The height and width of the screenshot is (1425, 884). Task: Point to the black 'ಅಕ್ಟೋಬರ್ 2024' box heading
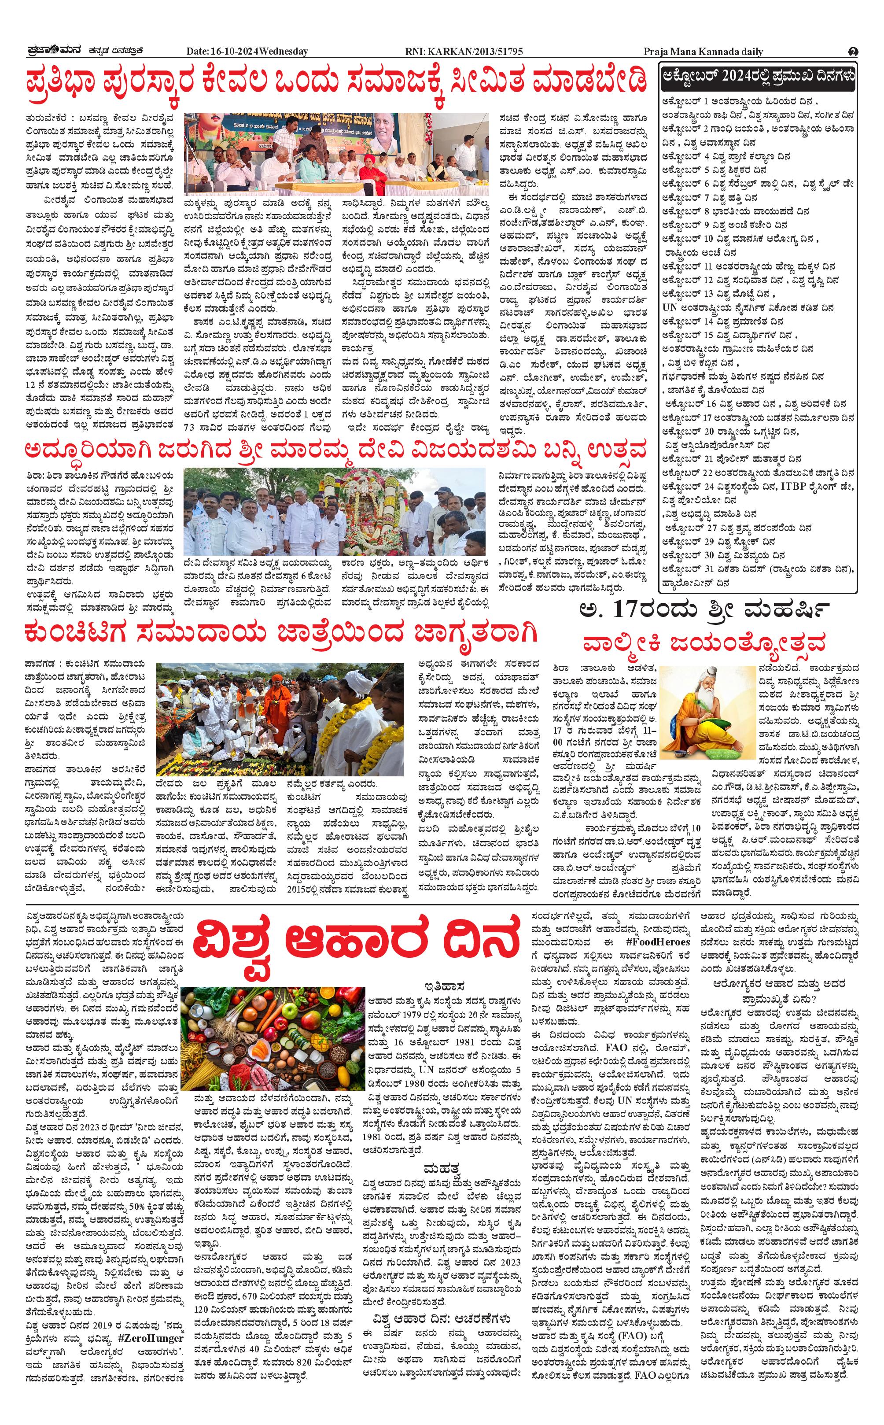click(x=757, y=76)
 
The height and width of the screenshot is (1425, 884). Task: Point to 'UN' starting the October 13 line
click(x=670, y=307)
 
